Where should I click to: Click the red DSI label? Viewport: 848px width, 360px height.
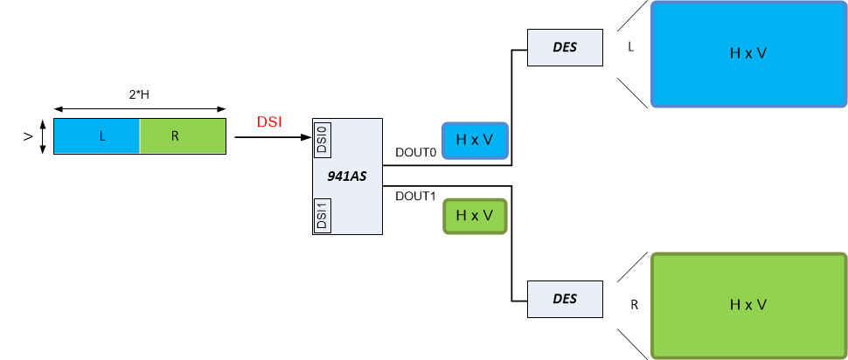tap(269, 123)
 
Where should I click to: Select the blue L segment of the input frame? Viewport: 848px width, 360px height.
tap(97, 137)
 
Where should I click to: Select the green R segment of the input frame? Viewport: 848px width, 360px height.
tap(183, 137)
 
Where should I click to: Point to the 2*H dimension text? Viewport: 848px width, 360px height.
tap(140, 94)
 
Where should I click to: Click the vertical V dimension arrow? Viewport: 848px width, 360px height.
tap(41, 137)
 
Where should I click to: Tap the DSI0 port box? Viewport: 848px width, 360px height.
tap(321, 137)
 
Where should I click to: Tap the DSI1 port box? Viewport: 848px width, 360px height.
tap(321, 215)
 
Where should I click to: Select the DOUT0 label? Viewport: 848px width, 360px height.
tap(414, 153)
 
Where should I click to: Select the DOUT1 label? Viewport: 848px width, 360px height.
tap(414, 196)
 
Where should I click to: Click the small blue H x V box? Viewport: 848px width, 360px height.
tap(475, 141)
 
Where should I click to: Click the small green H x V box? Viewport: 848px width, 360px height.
tap(475, 216)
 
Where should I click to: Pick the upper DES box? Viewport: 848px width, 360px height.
tap(565, 47)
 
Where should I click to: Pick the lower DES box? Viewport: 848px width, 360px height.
tap(565, 299)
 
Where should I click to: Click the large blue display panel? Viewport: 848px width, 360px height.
tap(748, 53)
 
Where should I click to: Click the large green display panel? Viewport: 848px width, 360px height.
tap(748, 305)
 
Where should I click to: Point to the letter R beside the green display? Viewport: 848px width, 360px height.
tap(633, 305)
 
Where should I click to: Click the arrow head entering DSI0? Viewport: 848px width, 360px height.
tap(307, 137)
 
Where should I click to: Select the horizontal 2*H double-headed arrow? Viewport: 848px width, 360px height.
tap(140, 108)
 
